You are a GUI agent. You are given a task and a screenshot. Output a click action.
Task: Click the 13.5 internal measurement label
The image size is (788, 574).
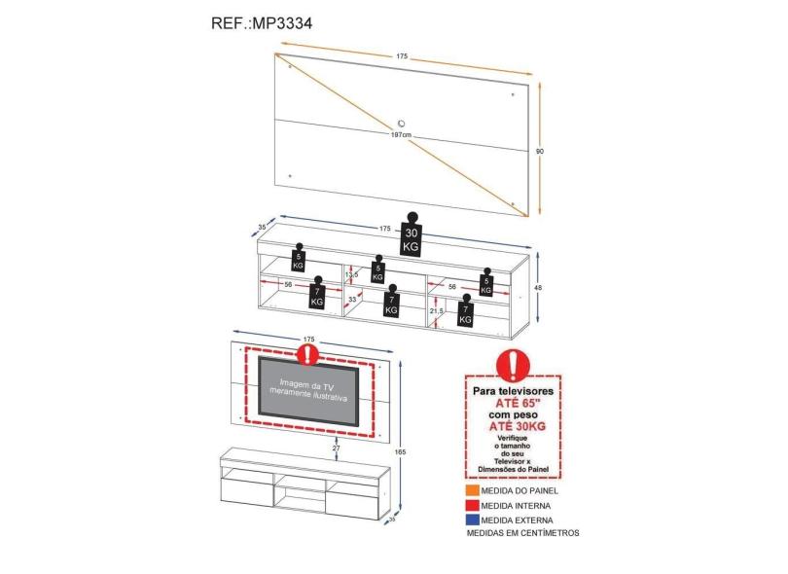pos(352,274)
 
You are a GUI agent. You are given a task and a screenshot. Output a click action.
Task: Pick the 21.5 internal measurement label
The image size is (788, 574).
pos(437,310)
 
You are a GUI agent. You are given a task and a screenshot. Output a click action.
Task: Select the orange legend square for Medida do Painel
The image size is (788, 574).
pos(471,492)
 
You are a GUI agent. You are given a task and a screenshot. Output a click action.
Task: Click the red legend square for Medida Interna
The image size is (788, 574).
pos(471,506)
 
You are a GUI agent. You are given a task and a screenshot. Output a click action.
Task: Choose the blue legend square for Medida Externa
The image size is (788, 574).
pos(471,520)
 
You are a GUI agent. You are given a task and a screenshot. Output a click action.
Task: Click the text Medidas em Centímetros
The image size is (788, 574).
pos(522,533)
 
